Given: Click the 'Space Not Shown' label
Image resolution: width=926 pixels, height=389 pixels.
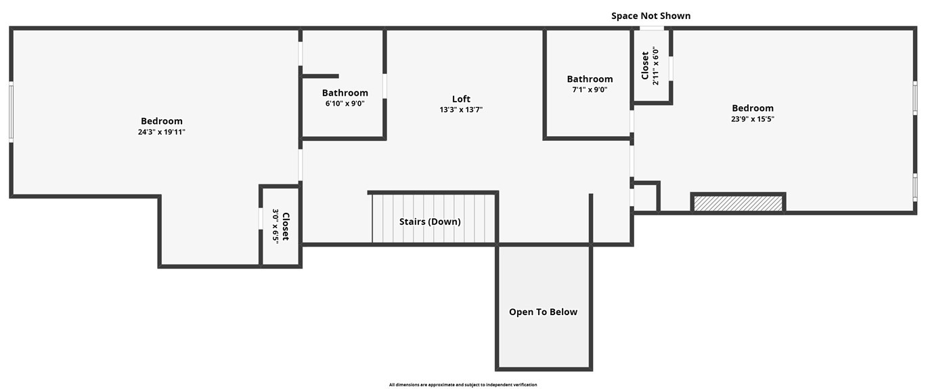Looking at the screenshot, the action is click(651, 16).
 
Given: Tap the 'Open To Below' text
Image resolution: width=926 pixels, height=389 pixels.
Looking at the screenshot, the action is click(543, 312).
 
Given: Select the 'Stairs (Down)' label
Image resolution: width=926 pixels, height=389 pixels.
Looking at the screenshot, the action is click(430, 222).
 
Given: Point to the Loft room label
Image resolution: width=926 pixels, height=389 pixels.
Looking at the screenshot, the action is click(461, 99).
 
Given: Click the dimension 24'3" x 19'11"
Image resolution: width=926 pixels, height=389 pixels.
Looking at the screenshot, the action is click(162, 132).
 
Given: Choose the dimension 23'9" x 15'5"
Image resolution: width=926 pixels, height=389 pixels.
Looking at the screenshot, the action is click(753, 119).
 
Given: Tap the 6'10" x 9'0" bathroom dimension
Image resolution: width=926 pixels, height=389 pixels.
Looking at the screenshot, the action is click(345, 104).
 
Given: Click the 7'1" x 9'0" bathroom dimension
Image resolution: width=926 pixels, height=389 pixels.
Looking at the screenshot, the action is click(590, 90).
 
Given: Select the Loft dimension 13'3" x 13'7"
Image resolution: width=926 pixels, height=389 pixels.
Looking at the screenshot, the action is click(461, 110).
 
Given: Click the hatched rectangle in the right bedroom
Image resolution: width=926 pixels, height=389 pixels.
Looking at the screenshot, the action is click(738, 203).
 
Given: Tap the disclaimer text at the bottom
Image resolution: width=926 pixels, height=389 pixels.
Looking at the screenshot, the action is click(463, 385).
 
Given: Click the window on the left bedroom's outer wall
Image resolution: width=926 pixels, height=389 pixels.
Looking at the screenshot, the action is click(11, 112).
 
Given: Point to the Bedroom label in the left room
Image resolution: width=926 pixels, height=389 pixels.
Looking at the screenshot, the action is click(162, 121).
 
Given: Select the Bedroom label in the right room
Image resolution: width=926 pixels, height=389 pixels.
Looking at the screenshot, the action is click(753, 108).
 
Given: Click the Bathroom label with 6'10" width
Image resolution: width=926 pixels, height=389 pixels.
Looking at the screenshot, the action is click(345, 93).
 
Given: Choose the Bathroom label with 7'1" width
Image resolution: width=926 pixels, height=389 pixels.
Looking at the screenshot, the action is click(590, 79).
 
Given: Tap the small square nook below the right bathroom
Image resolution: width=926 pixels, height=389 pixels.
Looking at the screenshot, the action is click(645, 198).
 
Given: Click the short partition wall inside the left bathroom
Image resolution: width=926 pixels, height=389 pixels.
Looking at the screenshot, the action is click(320, 76).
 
